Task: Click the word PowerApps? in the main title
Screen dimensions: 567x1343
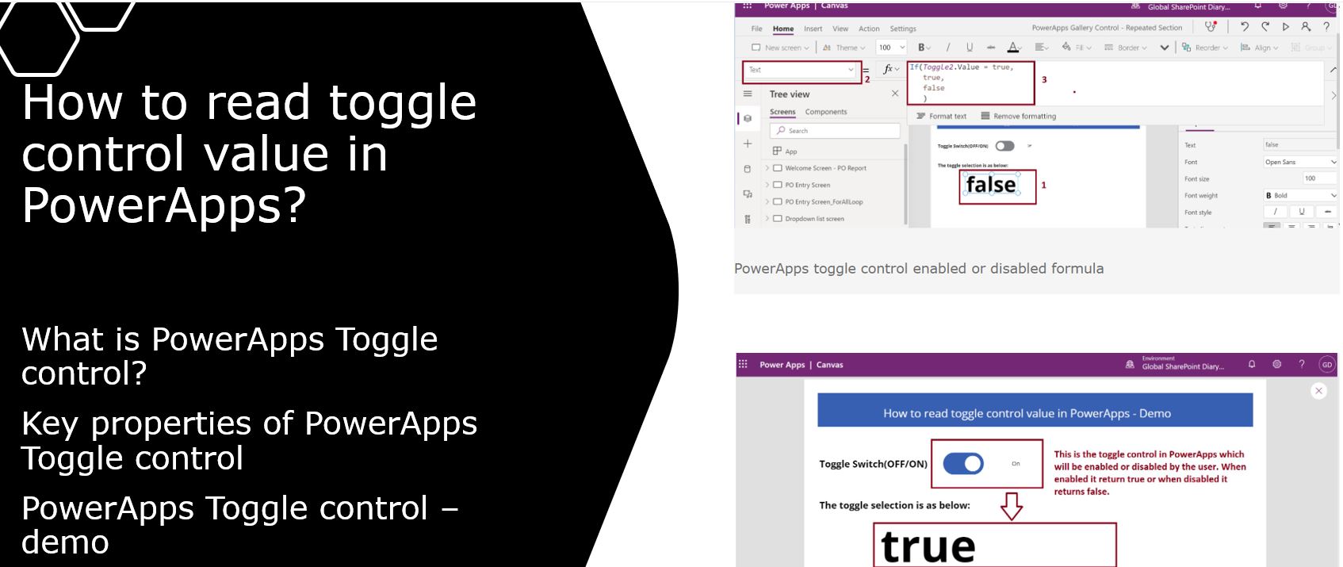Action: pyautogui.click(x=163, y=205)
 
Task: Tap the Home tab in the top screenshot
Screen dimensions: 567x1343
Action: pyautogui.click(x=782, y=29)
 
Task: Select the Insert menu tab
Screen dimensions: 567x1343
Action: pyautogui.click(x=813, y=29)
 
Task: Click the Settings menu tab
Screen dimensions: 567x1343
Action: pyautogui.click(x=902, y=29)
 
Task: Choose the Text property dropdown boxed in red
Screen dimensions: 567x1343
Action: pyautogui.click(x=801, y=71)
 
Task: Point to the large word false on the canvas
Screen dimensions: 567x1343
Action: pyautogui.click(x=991, y=185)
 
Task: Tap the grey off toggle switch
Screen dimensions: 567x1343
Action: pyautogui.click(x=1004, y=146)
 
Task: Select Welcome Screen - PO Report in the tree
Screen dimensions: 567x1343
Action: pyautogui.click(x=825, y=168)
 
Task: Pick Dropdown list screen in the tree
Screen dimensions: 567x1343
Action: pyautogui.click(x=814, y=219)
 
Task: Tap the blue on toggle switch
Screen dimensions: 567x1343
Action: pyautogui.click(x=963, y=464)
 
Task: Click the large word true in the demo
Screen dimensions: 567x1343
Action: pyautogui.click(x=928, y=547)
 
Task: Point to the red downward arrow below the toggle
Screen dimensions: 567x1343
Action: pyautogui.click(x=1012, y=505)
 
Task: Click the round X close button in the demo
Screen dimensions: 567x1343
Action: pyautogui.click(x=1318, y=391)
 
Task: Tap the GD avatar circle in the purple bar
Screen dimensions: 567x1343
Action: pyautogui.click(x=1326, y=365)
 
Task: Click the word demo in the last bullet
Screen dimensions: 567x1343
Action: pyautogui.click(x=65, y=542)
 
